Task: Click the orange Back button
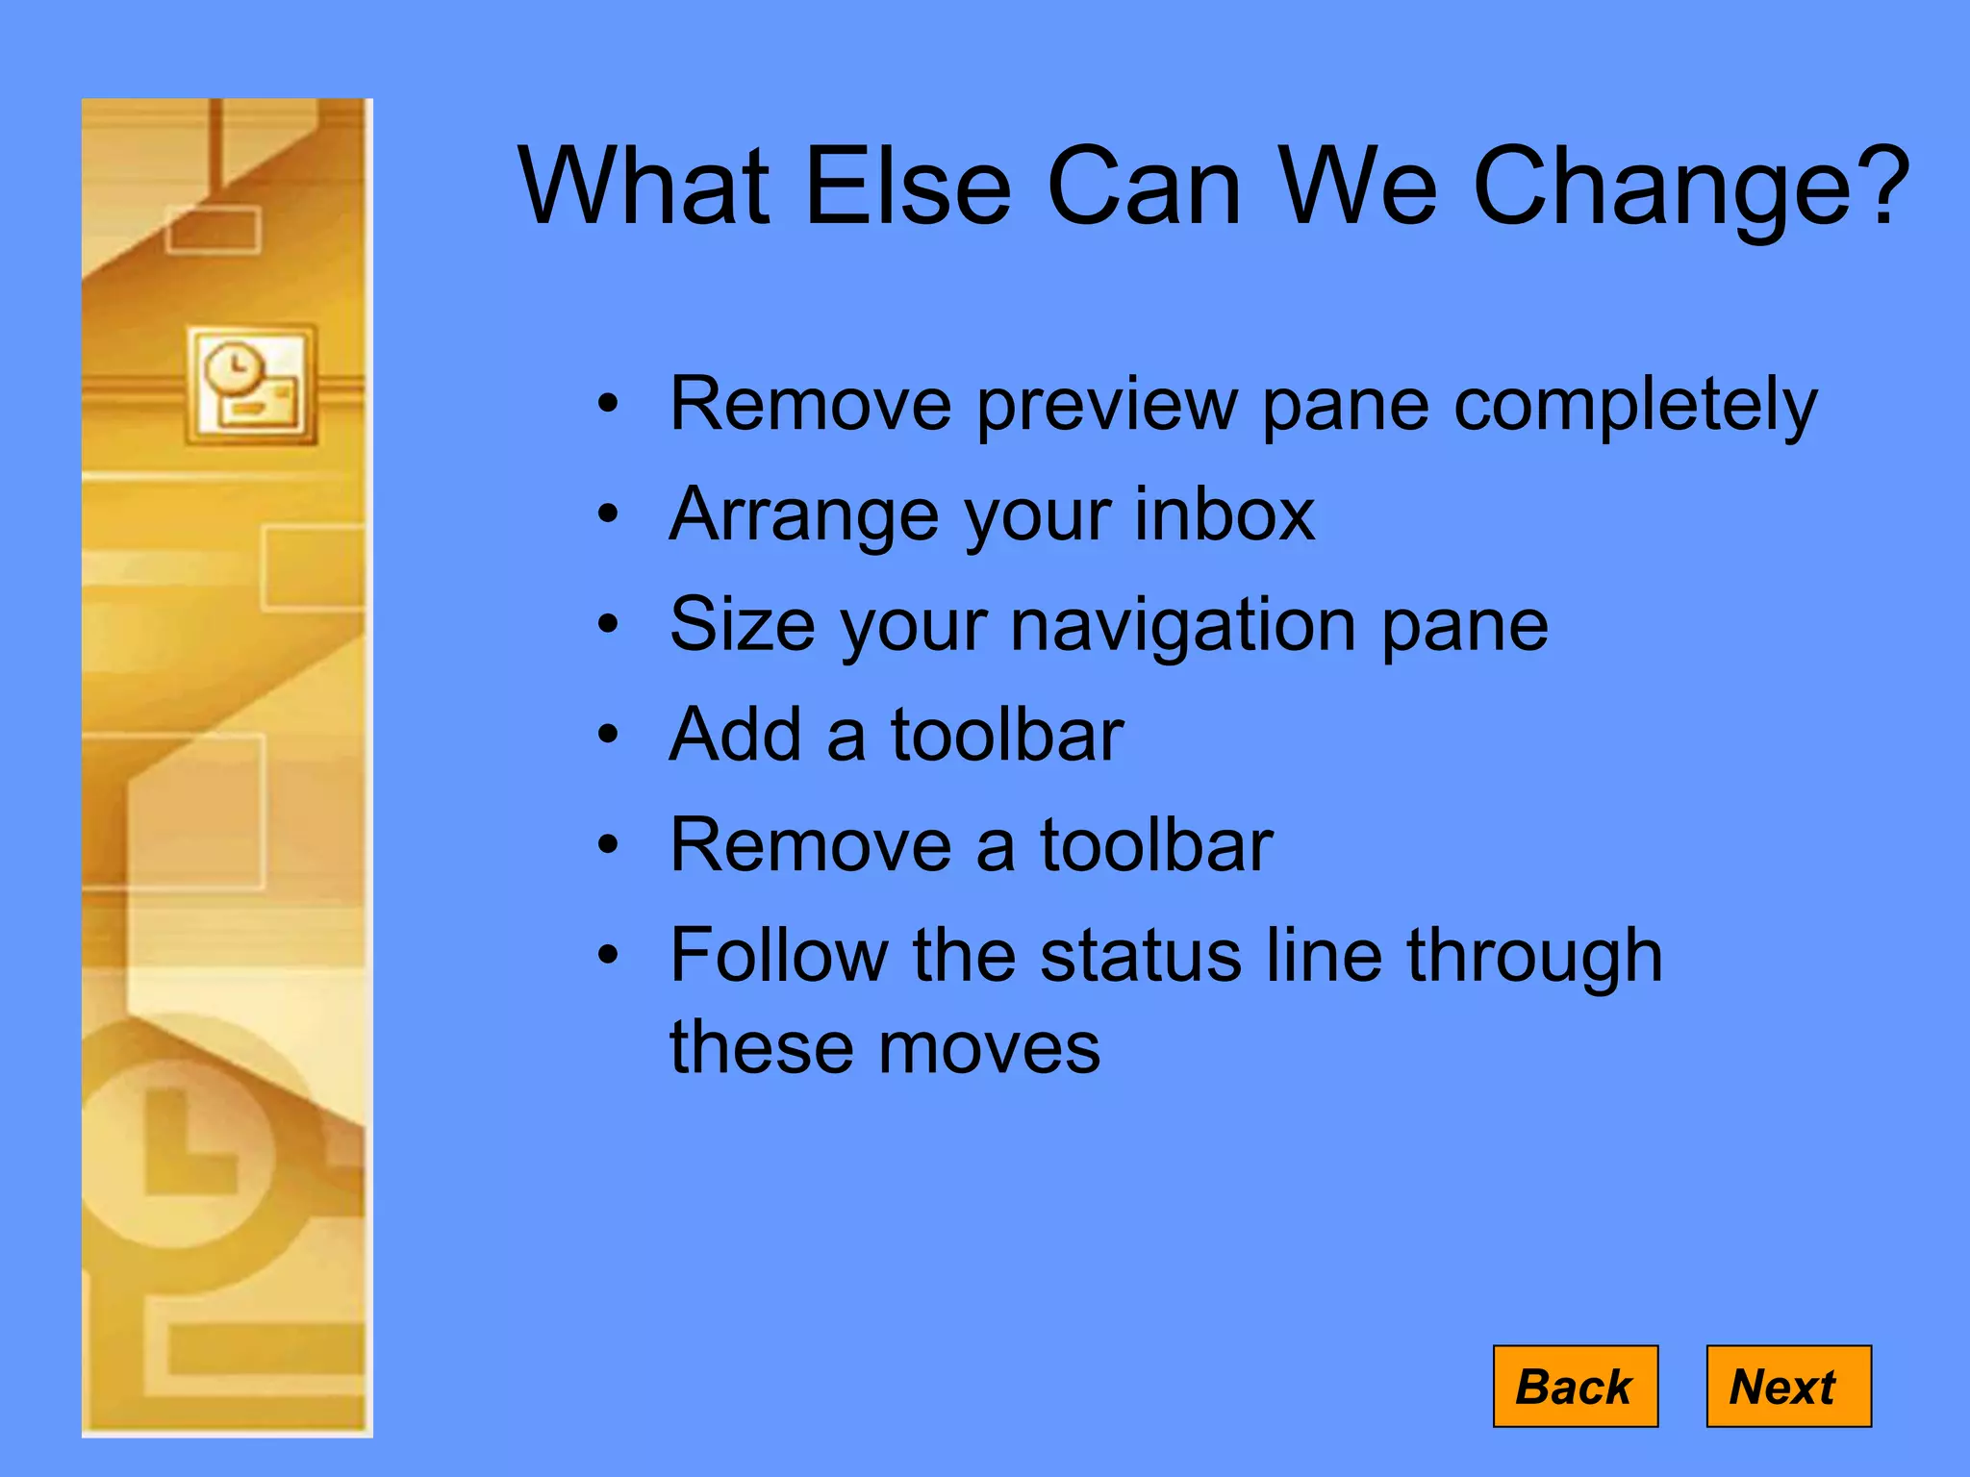point(1575,1386)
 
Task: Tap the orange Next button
point(1787,1386)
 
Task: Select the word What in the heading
point(644,187)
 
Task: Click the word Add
point(735,735)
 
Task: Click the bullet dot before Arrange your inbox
point(607,514)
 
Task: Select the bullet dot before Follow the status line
point(607,956)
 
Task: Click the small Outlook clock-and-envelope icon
point(251,386)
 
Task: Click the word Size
point(742,625)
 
